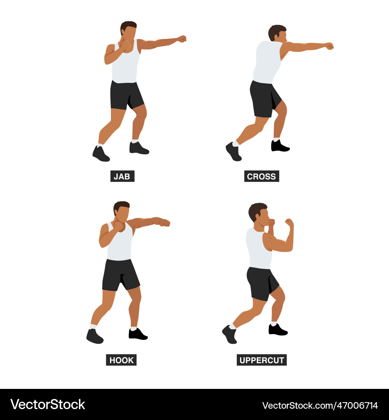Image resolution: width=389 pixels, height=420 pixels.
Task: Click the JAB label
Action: [122, 176]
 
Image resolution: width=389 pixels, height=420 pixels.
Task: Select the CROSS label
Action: [261, 176]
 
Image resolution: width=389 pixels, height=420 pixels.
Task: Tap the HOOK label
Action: [121, 360]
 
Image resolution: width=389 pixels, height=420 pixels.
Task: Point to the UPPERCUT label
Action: [261, 360]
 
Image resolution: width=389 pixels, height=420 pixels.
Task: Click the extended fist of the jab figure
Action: [182, 39]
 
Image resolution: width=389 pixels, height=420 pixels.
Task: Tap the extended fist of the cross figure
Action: [329, 46]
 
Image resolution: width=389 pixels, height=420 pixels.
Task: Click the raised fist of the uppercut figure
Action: [289, 223]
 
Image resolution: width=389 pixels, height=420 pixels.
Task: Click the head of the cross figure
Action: [278, 33]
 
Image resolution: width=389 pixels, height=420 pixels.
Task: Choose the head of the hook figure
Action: [122, 211]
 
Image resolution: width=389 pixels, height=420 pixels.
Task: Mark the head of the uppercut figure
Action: [259, 213]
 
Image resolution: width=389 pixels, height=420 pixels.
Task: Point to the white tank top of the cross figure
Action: [267, 62]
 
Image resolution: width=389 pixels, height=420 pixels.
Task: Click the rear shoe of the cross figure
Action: [233, 151]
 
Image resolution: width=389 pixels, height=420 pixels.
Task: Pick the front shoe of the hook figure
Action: [138, 334]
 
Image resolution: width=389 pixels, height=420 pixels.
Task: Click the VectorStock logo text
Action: [47, 404]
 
